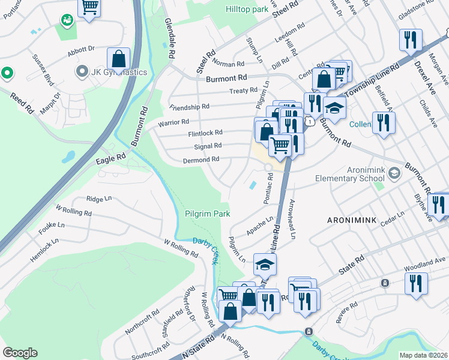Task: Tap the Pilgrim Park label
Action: (207, 214)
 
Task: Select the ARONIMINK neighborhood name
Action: (352, 220)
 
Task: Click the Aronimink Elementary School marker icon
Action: (394, 174)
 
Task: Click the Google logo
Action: (20, 352)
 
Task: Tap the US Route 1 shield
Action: (309, 122)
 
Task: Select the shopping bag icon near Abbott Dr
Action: (119, 58)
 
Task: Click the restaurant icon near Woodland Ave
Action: (415, 283)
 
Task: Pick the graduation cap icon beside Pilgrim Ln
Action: (265, 263)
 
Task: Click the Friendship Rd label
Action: (189, 107)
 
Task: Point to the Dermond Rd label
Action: (202, 160)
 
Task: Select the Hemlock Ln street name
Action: (45, 250)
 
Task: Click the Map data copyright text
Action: (423, 355)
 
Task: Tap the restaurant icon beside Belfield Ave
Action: (382, 122)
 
